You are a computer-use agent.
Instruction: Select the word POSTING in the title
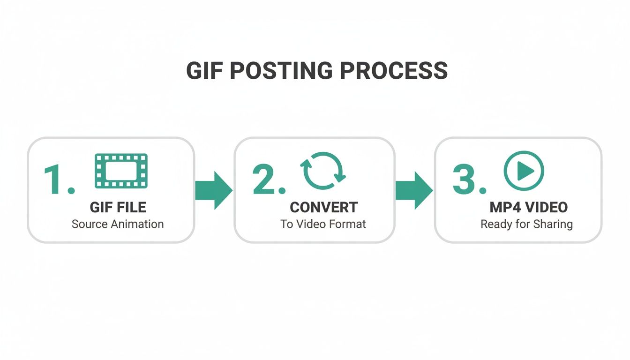pos(280,71)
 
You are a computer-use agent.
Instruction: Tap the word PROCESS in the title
pos(394,71)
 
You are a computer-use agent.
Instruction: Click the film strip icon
pos(121,171)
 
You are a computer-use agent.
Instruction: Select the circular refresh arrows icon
pos(323,171)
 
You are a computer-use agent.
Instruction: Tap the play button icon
pos(524,171)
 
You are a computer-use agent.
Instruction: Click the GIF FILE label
pos(118,207)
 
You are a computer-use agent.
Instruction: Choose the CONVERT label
pos(323,207)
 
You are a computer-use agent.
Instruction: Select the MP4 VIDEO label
pos(528,207)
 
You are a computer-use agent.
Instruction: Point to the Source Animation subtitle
pos(118,224)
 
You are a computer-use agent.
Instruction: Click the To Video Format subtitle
pos(323,224)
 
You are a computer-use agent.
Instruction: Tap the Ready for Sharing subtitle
pos(526,224)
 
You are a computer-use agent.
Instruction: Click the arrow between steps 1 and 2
pos(213,190)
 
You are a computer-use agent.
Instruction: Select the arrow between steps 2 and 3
pos(414,190)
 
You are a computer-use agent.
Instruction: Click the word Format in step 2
pos(348,224)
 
